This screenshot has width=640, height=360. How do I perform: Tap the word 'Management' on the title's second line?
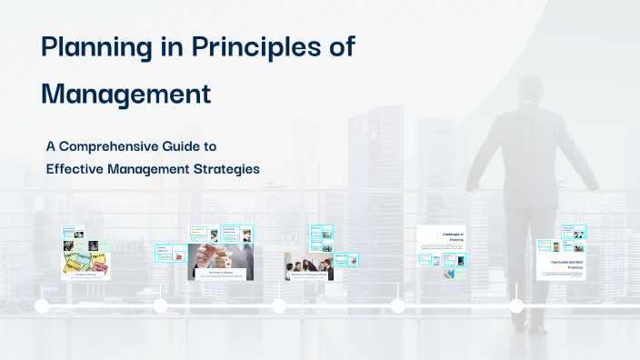click(x=126, y=93)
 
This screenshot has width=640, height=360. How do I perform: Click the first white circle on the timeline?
click(x=42, y=306)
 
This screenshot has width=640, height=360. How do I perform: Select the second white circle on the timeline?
click(x=161, y=306)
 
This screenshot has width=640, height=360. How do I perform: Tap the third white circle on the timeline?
click(x=279, y=306)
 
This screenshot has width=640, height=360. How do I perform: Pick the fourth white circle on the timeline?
click(x=397, y=306)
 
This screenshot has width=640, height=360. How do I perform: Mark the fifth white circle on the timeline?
click(x=516, y=306)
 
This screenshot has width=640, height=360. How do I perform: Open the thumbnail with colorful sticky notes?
click(x=85, y=265)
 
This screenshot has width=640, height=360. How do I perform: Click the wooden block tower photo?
click(x=221, y=261)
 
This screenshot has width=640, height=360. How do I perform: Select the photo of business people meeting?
click(x=309, y=267)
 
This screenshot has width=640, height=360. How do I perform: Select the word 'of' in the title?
click(x=341, y=47)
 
